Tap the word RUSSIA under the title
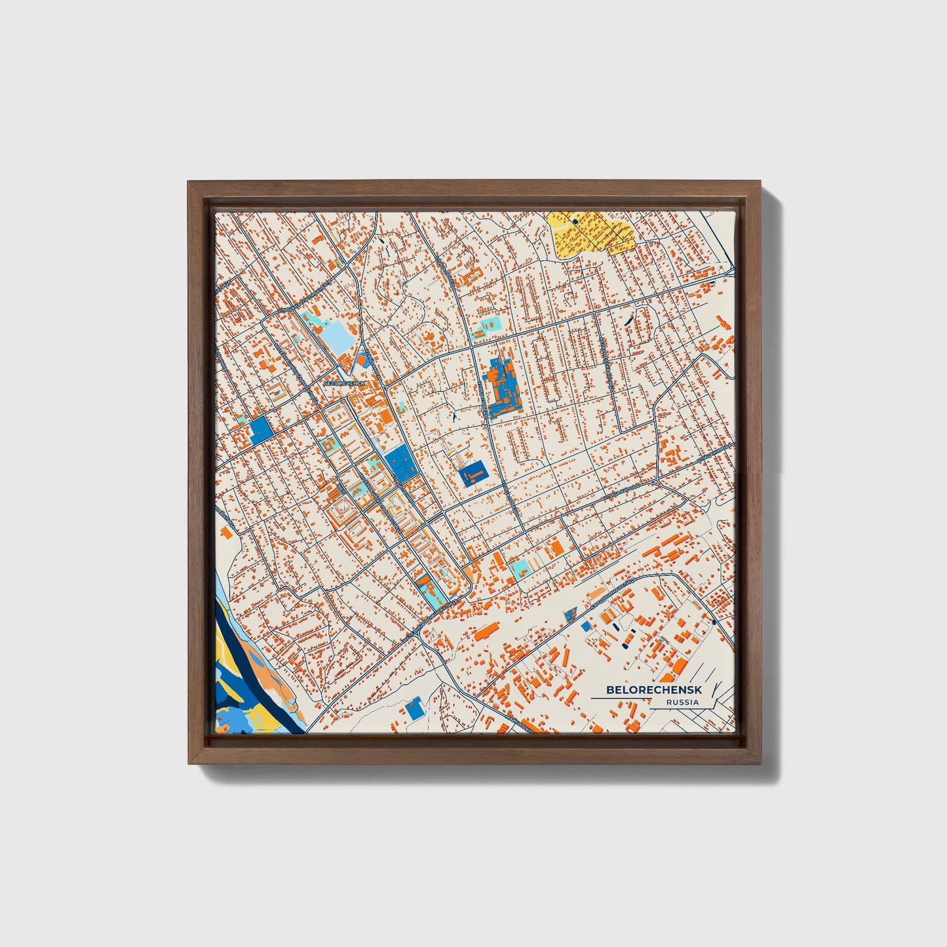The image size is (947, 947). click(682, 702)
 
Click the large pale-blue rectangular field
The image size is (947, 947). click(338, 336)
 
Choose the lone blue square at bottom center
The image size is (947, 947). click(414, 709)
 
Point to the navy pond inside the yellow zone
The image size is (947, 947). click(575, 222)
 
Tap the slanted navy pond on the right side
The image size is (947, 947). click(630, 320)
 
